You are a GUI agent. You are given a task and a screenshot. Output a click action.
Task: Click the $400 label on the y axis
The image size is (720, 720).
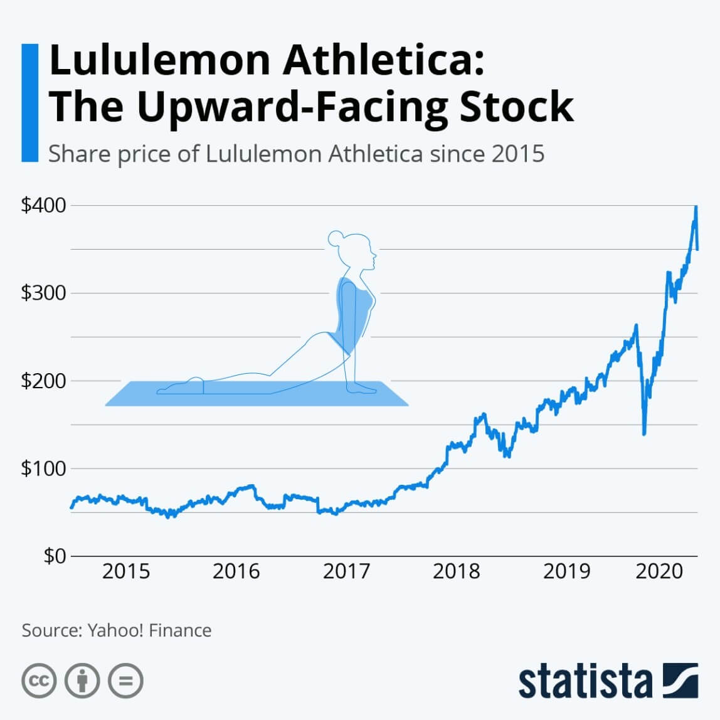pyautogui.click(x=43, y=206)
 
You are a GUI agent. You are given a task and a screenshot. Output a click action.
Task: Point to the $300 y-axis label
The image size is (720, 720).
pyautogui.click(x=43, y=293)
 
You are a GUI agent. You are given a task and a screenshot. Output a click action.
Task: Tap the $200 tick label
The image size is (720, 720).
pyautogui.click(x=43, y=381)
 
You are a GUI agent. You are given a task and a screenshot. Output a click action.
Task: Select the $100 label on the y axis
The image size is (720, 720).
pyautogui.click(x=43, y=469)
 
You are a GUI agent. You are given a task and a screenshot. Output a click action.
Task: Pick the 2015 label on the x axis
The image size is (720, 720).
pyautogui.click(x=126, y=571)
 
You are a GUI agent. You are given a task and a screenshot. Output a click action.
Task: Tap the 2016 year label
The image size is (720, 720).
pyautogui.click(x=236, y=571)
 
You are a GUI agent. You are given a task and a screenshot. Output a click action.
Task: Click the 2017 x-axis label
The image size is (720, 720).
pyautogui.click(x=346, y=571)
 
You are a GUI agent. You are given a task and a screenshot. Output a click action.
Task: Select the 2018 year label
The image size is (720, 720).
pyautogui.click(x=456, y=571)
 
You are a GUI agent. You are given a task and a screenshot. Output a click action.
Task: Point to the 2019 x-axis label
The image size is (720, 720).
pyautogui.click(x=566, y=571)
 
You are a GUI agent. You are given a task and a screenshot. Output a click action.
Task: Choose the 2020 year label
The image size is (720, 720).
pyautogui.click(x=659, y=571)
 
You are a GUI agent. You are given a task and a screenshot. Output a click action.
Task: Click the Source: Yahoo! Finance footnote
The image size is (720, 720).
pyautogui.click(x=117, y=630)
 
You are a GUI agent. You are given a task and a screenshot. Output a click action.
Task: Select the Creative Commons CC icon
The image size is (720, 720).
pyautogui.click(x=40, y=680)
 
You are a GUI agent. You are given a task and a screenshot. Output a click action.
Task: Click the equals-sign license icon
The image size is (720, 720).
pyautogui.click(x=125, y=680)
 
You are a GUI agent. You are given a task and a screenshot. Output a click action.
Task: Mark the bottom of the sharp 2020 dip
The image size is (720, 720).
pyautogui.click(x=644, y=433)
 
